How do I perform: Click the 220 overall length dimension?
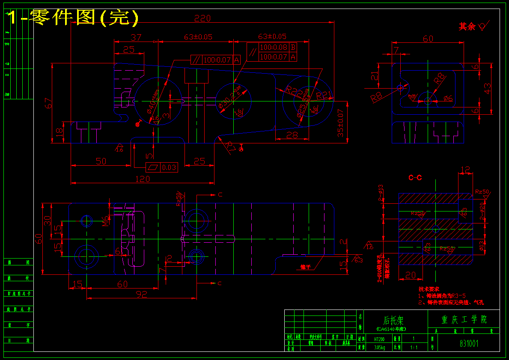203,18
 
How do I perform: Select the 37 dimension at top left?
136,38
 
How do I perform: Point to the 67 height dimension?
50,103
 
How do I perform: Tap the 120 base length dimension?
143,179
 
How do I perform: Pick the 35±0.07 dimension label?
341,122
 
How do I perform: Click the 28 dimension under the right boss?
292,135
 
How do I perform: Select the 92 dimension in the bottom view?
142,294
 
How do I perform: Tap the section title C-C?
415,177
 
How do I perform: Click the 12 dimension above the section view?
466,170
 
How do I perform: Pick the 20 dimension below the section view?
410,275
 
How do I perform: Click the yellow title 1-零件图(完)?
73,17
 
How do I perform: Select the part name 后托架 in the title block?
393,320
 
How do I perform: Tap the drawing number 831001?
469,343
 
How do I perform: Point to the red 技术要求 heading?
429,289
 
